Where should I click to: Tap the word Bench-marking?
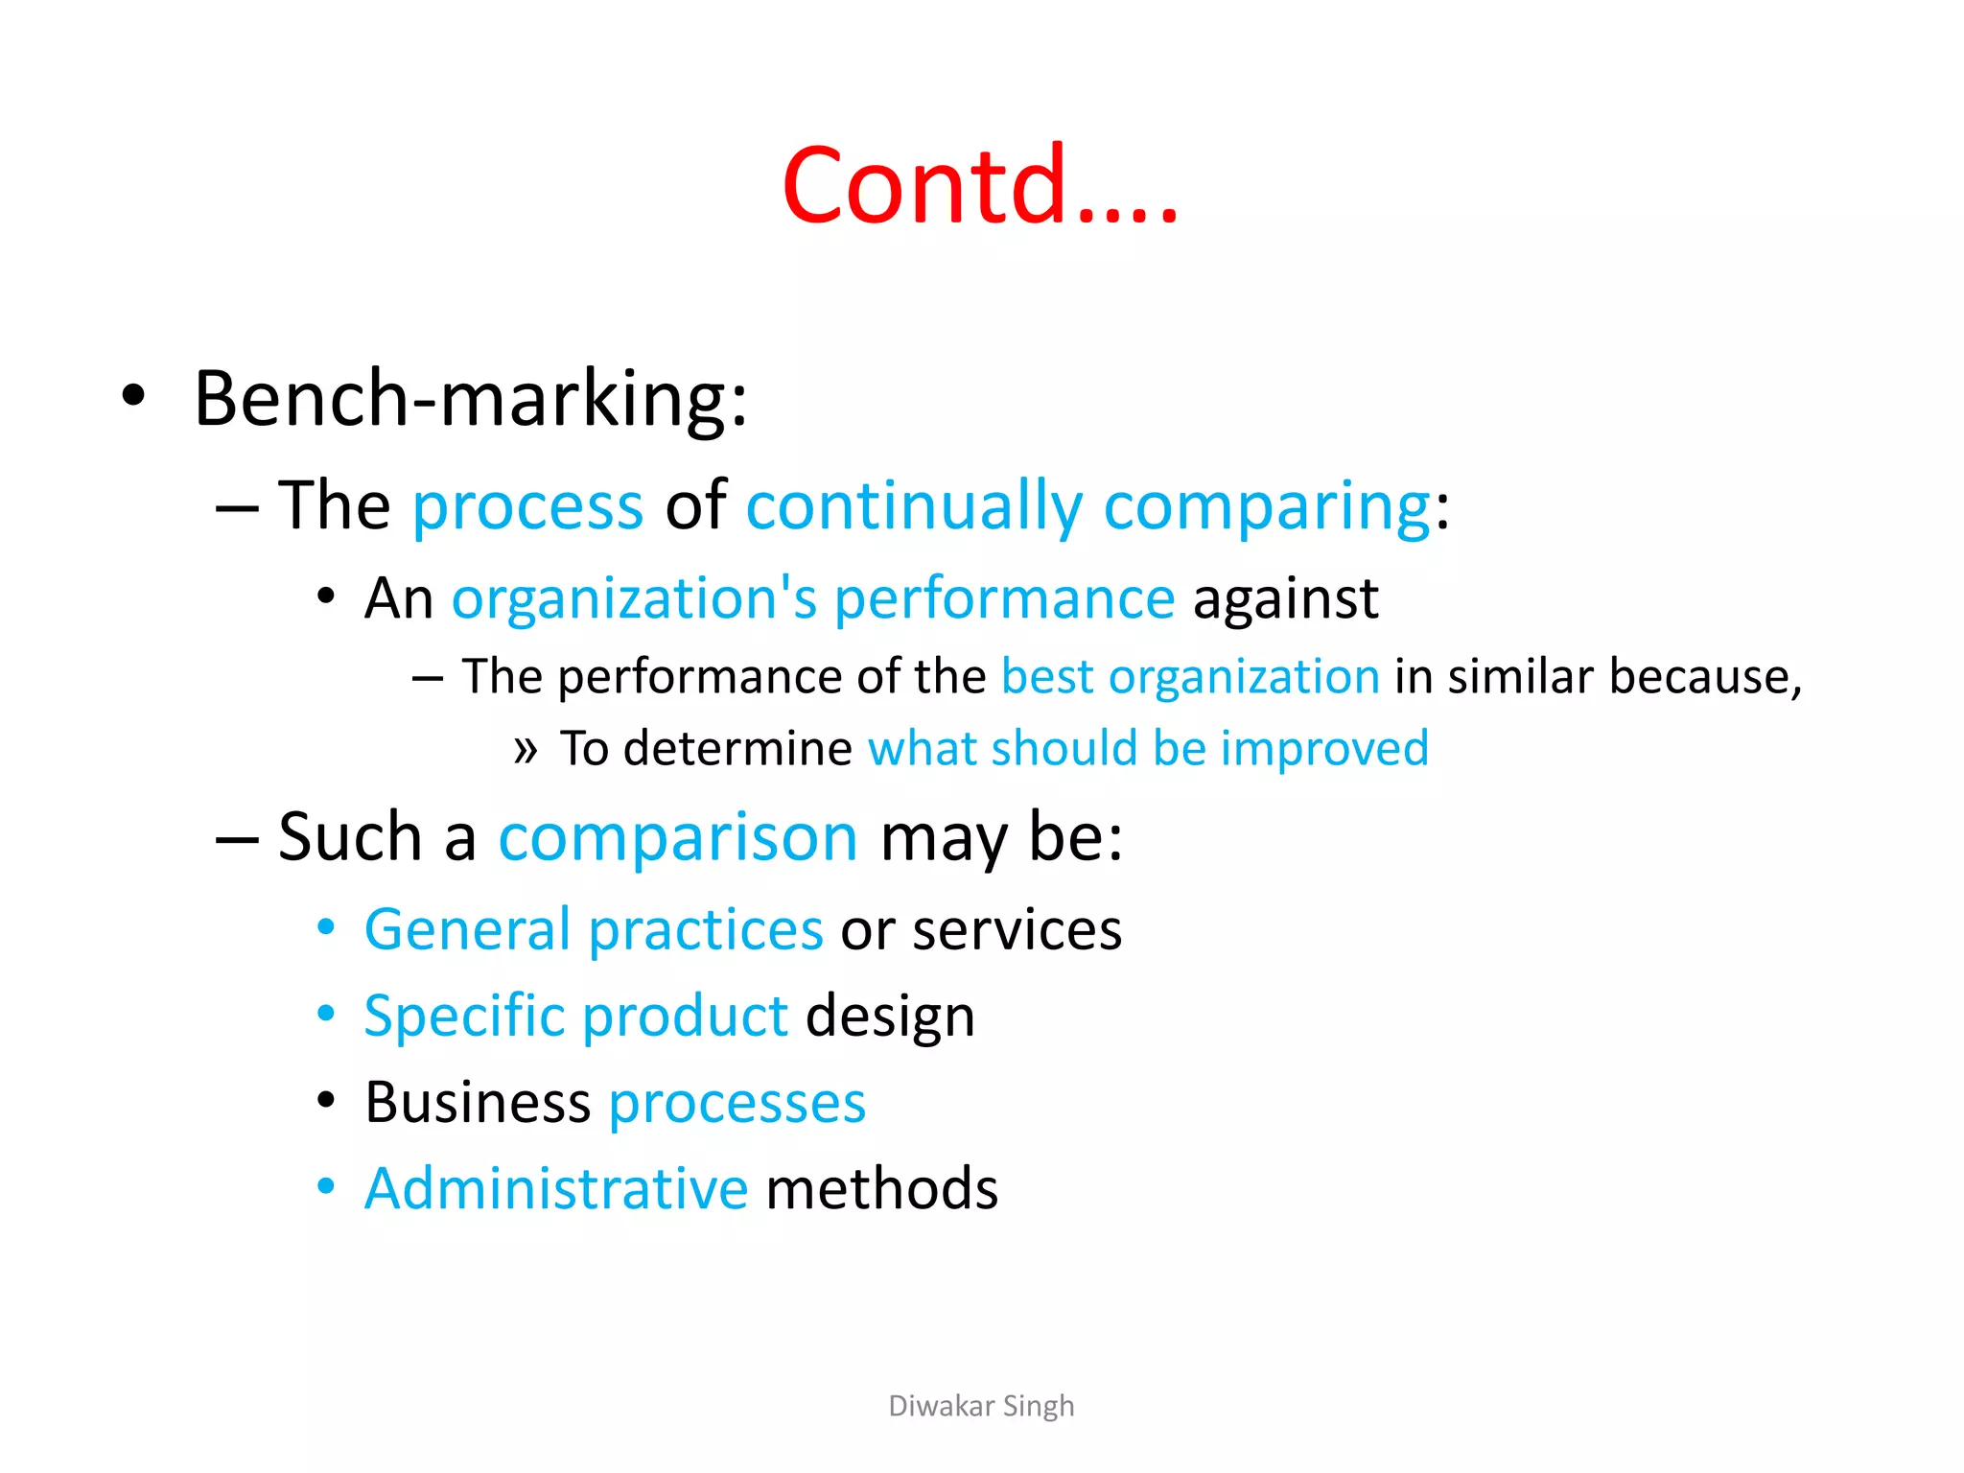tap(470, 398)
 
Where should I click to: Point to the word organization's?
tap(634, 598)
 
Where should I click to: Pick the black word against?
tap(1285, 598)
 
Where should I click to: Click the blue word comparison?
tap(677, 837)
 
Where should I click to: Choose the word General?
tap(467, 929)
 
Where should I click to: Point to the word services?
tap(1017, 929)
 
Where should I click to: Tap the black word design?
tap(890, 1016)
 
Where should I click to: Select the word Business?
tap(478, 1102)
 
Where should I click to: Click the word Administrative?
tap(556, 1188)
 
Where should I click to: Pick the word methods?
tap(881, 1188)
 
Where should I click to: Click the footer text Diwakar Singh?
tap(981, 1406)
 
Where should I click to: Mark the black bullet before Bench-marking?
tap(133, 395)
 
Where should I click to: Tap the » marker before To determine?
tap(525, 750)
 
